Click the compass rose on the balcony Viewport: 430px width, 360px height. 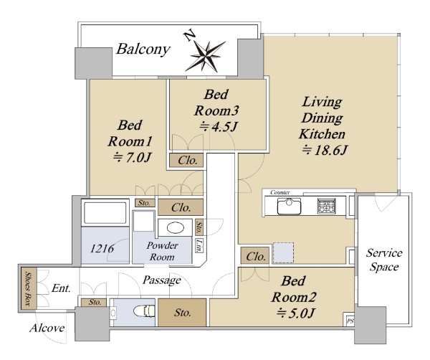205,55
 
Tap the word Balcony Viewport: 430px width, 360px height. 143,49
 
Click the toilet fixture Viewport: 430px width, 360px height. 144,311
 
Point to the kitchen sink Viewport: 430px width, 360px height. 289,206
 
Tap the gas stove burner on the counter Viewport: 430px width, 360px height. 326,206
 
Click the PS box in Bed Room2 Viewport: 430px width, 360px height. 350,321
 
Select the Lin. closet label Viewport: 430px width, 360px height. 199,245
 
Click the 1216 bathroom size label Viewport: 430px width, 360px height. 102,248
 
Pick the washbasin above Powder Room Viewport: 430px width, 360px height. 176,228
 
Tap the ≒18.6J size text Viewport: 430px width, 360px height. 325,151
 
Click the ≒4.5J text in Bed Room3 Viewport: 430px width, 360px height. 218,127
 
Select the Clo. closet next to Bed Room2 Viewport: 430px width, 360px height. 254,256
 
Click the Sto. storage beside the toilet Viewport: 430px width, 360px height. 182,313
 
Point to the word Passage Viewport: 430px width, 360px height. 162,280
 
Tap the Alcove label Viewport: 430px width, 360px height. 47,328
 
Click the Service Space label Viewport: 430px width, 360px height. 384,260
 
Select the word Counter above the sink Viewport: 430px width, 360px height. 280,192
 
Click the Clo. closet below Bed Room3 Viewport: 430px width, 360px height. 186,160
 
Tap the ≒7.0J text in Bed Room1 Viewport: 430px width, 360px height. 132,157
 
